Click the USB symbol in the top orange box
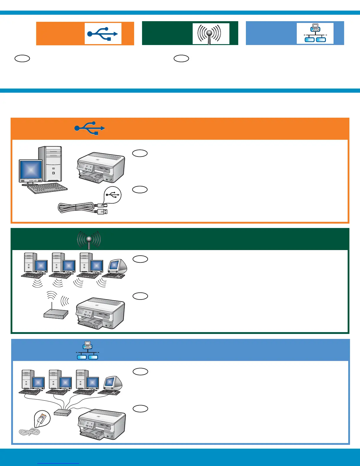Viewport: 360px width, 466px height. click(x=103, y=34)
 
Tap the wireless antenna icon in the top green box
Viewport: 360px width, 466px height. click(x=211, y=34)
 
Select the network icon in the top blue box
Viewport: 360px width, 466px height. click(x=315, y=33)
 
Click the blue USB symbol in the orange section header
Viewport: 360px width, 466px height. click(x=90, y=128)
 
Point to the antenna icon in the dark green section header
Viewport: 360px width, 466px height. click(x=89, y=240)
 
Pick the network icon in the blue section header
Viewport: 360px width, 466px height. click(x=87, y=350)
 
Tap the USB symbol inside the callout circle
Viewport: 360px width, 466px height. click(x=113, y=195)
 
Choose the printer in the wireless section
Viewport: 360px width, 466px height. click(x=101, y=314)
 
